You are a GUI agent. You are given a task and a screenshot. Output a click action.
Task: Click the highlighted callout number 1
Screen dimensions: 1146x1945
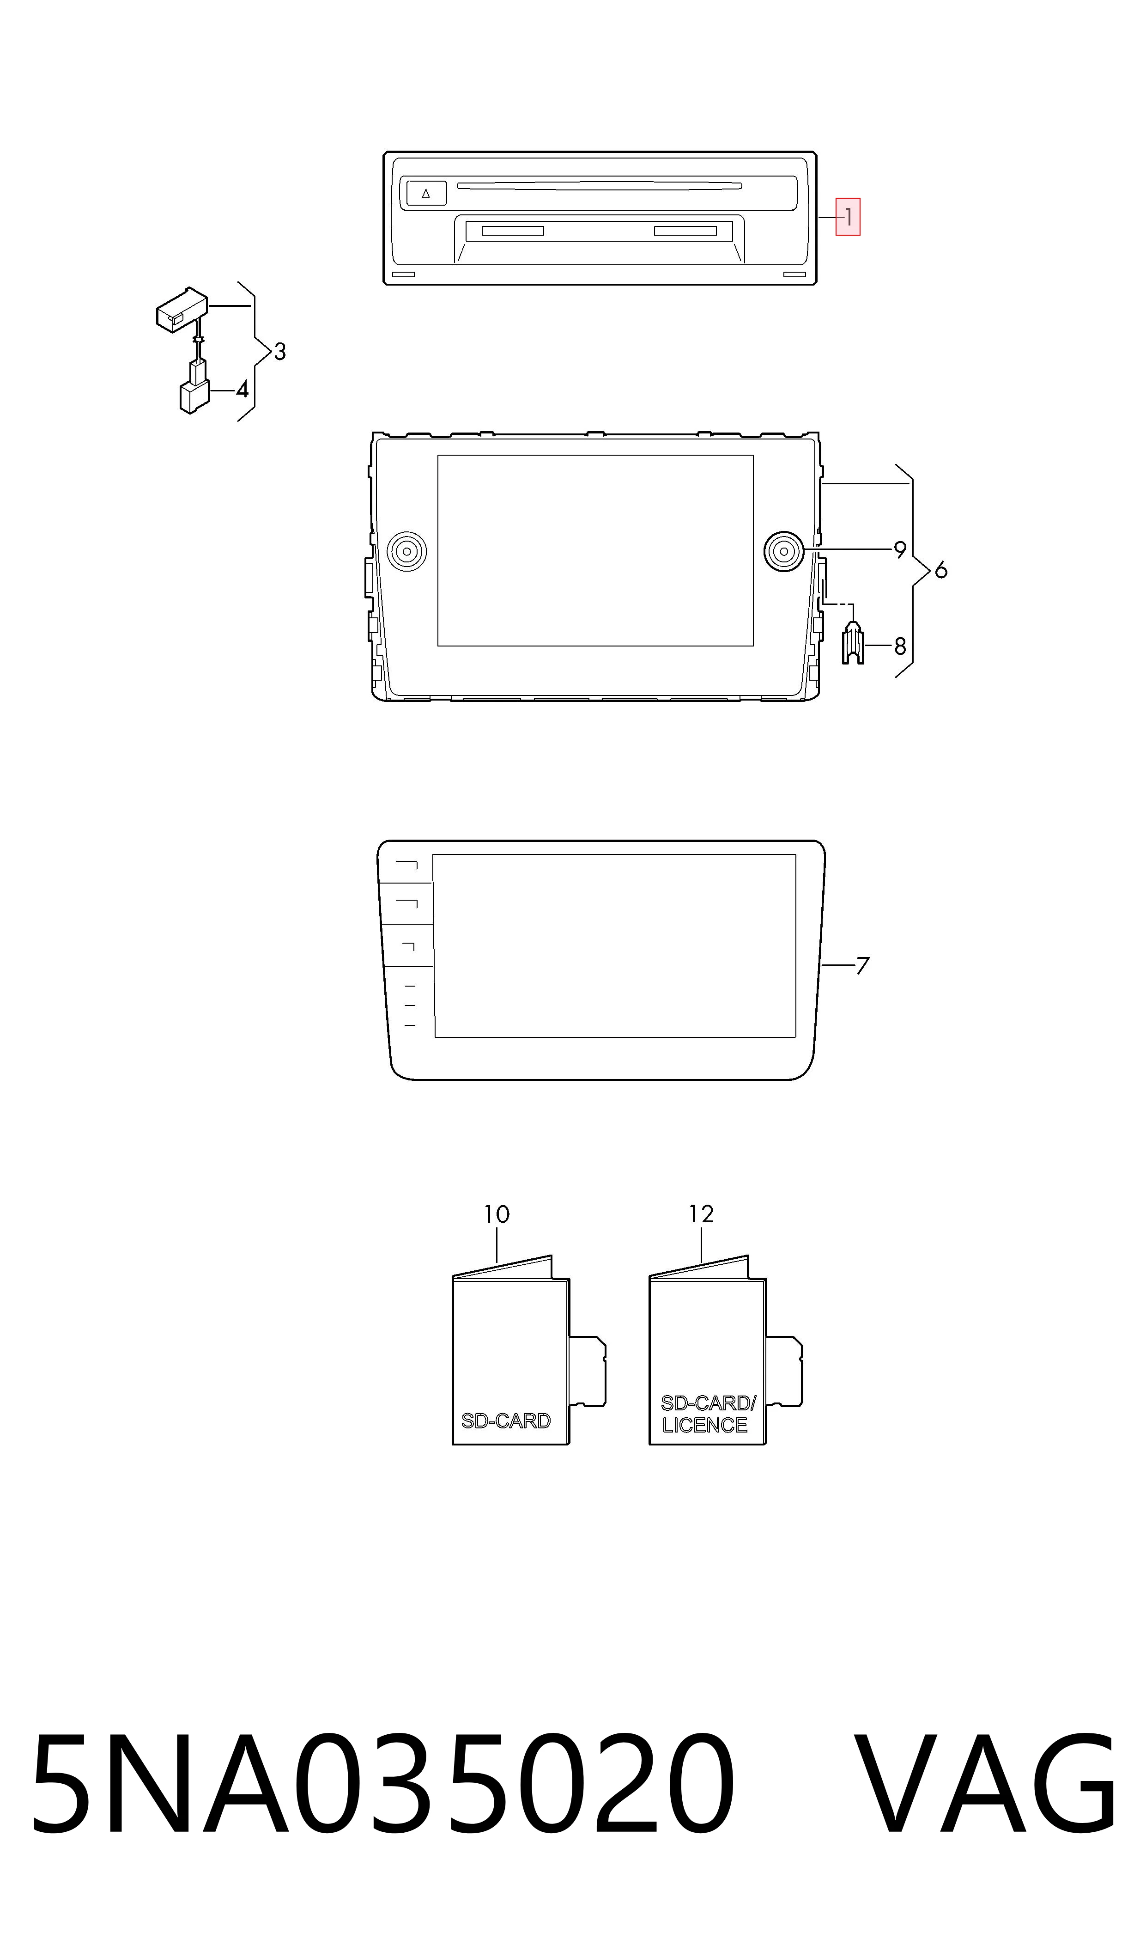848,217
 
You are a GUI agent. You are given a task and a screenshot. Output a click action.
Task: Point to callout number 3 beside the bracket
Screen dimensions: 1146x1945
279,352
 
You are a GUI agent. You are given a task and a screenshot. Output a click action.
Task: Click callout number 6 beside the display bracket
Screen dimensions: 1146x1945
940,571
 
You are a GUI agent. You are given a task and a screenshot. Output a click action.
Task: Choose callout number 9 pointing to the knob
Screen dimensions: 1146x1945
900,550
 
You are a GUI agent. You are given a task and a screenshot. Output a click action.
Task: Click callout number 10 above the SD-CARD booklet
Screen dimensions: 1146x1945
497,1215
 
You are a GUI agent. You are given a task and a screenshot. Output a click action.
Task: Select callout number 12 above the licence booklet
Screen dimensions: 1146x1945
701,1214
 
